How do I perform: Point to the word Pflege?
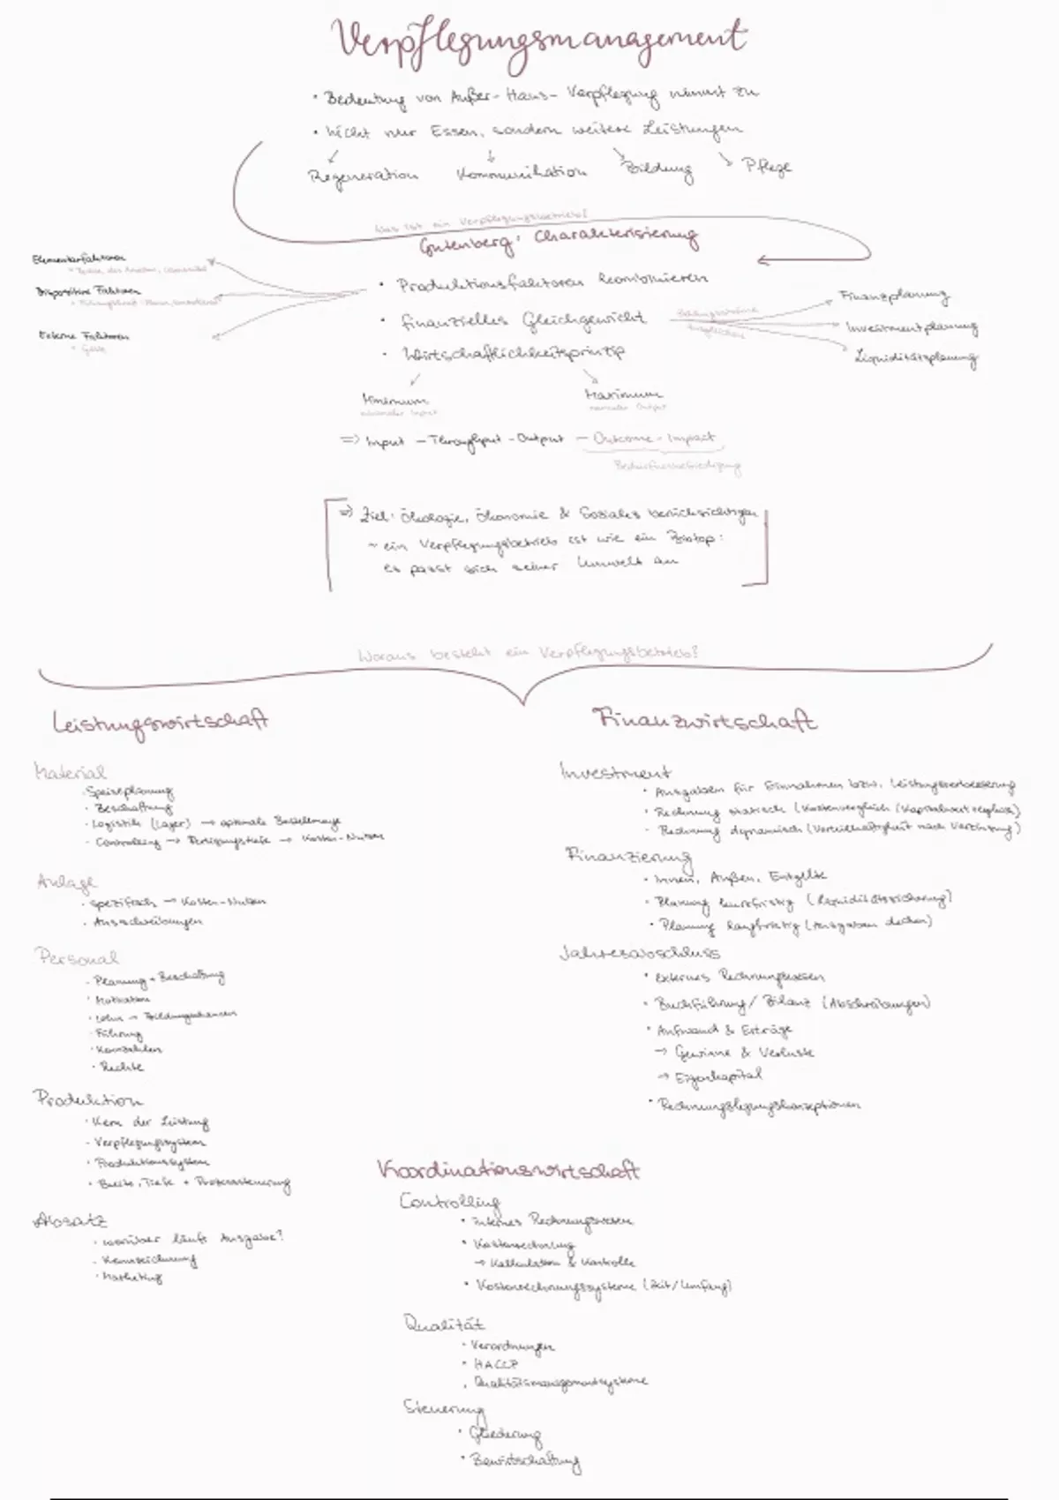tap(768, 167)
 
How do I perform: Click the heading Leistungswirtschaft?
tap(160, 721)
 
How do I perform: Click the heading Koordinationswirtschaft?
tap(508, 1171)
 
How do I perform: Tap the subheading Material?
tap(70, 772)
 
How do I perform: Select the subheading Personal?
tap(77, 957)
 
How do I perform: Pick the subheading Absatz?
tap(71, 1222)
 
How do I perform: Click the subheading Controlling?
tap(450, 1202)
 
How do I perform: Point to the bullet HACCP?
tap(495, 1363)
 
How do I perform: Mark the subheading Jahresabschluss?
tap(640, 953)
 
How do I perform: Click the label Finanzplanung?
tap(893, 297)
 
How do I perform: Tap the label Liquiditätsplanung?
tap(916, 358)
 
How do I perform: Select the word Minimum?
tap(394, 399)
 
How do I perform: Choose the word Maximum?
tap(623, 394)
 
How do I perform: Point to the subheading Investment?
tap(615, 772)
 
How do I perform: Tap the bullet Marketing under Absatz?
tap(132, 1277)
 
